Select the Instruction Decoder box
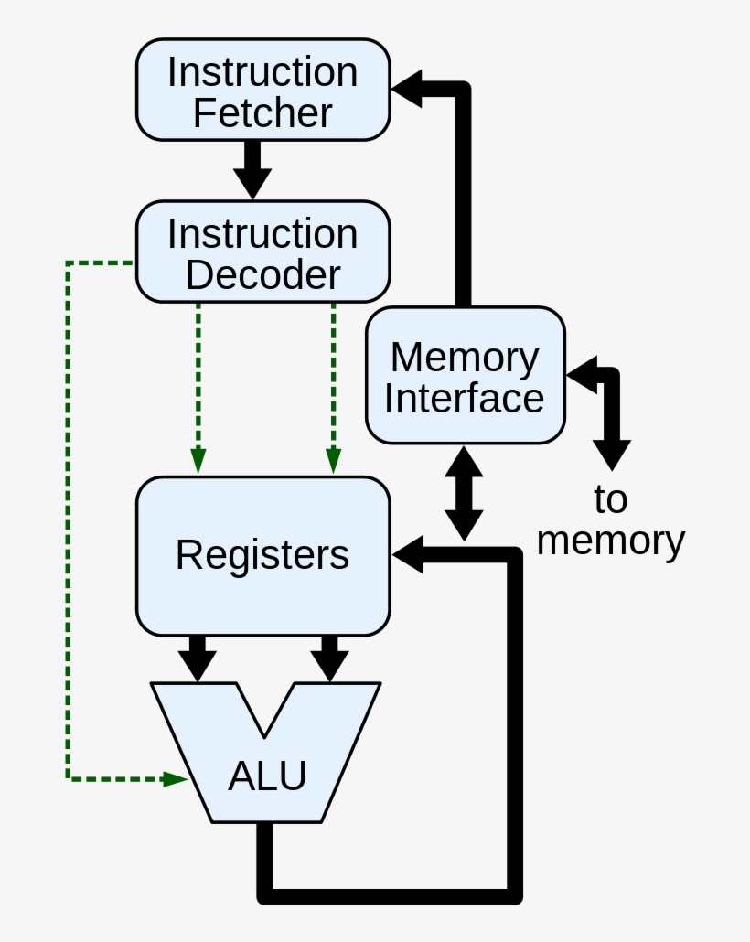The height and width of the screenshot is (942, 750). point(262,252)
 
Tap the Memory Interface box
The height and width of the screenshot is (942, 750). point(465,375)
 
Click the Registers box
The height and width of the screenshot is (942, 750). point(262,556)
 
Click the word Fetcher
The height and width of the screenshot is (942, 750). point(262,113)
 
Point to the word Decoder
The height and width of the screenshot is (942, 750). point(262,274)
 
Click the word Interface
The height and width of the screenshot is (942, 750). point(465,399)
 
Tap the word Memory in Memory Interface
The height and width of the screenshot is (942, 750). point(465,357)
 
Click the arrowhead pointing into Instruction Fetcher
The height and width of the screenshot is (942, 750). point(407,90)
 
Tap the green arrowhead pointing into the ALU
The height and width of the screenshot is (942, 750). point(176,779)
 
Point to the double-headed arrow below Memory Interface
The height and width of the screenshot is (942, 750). point(465,494)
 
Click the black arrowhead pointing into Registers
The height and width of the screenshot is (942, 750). point(409,555)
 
